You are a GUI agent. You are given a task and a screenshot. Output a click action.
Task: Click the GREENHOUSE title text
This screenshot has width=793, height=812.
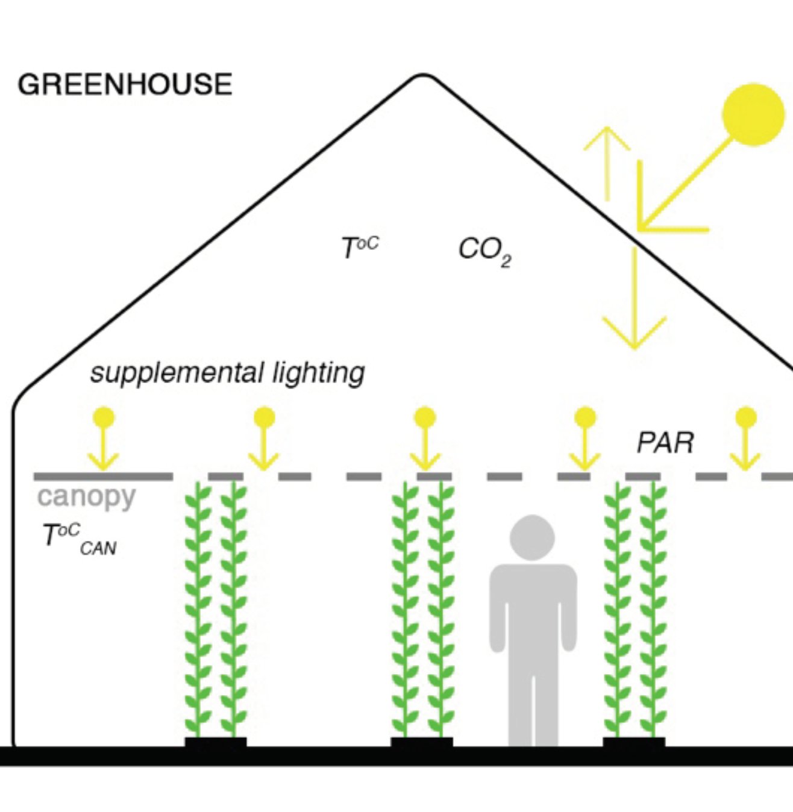pos(125,84)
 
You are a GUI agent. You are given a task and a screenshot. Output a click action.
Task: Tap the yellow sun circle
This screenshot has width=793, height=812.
pos(753,114)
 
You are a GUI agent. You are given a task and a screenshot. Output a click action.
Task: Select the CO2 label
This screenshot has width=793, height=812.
pos(484,250)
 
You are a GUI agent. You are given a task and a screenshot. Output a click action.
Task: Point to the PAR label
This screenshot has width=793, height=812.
pos(665,443)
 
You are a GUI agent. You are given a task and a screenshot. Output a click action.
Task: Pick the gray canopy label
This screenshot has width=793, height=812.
pos(86,497)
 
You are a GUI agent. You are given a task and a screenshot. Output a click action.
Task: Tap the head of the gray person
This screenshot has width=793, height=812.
pos(532,537)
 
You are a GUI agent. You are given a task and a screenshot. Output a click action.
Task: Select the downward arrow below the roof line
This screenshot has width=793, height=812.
pos(634,301)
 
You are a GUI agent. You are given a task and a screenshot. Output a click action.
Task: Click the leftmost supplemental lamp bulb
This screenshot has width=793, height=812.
pos(104,417)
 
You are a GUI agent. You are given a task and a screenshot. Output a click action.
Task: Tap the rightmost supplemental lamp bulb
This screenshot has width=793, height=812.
pos(746,417)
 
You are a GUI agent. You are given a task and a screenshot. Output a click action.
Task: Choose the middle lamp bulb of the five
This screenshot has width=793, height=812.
pos(425,417)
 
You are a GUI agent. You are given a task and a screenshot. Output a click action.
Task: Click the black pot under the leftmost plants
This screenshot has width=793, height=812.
pos(215,742)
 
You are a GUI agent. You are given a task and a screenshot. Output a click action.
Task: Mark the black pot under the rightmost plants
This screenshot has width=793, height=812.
pos(634,742)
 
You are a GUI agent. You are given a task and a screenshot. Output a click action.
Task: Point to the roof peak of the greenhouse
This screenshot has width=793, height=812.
pos(423,76)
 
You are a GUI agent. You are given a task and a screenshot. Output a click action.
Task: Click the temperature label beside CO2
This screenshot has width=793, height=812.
pos(360,247)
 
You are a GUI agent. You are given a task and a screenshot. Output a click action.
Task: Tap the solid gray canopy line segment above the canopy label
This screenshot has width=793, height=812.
pos(103,476)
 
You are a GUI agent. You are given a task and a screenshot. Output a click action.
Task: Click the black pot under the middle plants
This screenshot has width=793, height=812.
pos(422,742)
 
